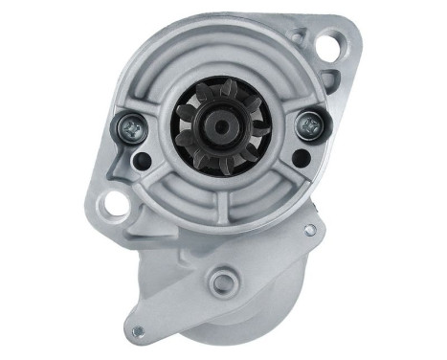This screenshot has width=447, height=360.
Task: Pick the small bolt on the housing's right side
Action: (x=308, y=230)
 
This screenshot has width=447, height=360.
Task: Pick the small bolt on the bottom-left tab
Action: (x=137, y=332)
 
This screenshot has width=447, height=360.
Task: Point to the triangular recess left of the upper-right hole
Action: (x=301, y=38)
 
